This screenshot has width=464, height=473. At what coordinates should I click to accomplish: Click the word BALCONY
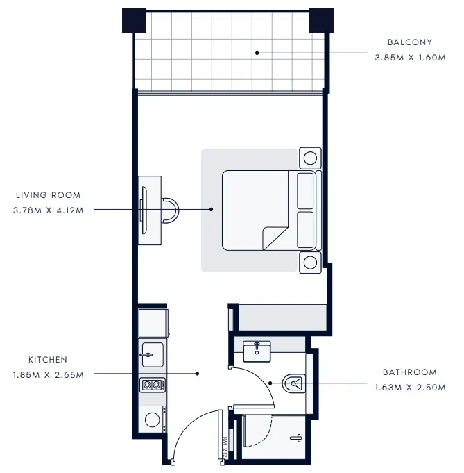[x=409, y=42]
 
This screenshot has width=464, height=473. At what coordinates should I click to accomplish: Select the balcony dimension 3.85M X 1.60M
[x=409, y=58]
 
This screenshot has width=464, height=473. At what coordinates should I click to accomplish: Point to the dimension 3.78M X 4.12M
[x=49, y=210]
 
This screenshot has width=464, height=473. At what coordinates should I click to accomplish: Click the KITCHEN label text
[x=48, y=360]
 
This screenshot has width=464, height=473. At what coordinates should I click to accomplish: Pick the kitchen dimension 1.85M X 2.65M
[x=48, y=375]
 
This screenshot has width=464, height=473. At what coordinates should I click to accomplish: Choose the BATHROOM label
[x=410, y=372]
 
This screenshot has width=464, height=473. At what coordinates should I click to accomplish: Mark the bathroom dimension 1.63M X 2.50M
[x=410, y=388]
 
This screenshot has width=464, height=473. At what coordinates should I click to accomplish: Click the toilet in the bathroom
[x=295, y=382]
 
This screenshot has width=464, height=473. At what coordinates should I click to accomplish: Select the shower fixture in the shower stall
[x=296, y=438]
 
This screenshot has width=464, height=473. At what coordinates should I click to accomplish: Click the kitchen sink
[x=152, y=354]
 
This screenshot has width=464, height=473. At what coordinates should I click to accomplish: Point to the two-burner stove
[x=152, y=384]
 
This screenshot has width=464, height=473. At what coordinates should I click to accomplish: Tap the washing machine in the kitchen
[x=152, y=419]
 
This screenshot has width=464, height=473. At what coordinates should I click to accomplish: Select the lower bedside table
[x=310, y=263]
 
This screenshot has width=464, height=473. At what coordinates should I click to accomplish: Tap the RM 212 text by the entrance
[x=226, y=445]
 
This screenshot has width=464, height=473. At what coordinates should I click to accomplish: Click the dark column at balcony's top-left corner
[x=133, y=20]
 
